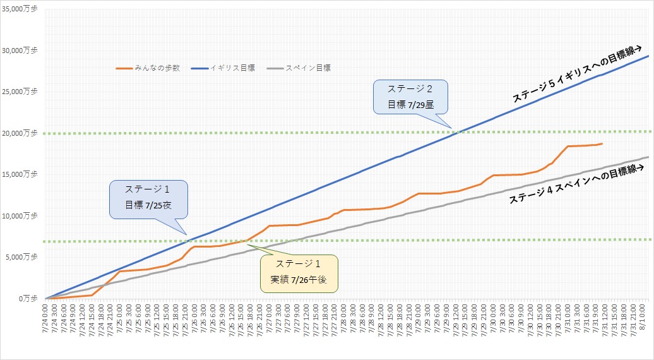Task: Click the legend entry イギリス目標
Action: [234, 68]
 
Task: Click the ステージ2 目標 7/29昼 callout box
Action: [410, 97]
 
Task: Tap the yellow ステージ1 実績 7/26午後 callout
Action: [300, 273]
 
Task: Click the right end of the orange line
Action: [602, 144]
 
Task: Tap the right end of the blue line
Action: [648, 56]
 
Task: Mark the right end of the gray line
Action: [648, 157]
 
